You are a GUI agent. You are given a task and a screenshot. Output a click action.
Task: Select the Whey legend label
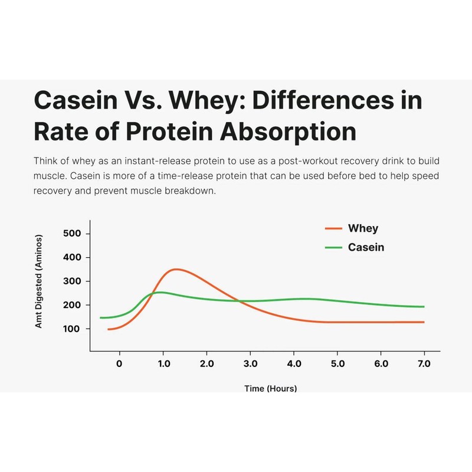(x=363, y=228)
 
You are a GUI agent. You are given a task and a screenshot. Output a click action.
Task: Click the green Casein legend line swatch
(x=334, y=247)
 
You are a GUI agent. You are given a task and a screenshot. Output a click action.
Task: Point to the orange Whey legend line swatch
(x=334, y=228)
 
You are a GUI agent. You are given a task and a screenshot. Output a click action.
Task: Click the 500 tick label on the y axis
(x=72, y=234)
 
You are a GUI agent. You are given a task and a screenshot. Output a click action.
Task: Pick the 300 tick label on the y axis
(x=72, y=281)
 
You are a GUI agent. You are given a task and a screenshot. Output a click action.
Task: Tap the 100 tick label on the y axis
(x=72, y=329)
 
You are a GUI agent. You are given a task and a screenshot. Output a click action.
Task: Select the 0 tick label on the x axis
(x=119, y=363)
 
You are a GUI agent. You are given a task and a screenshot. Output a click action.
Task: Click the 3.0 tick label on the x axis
(x=250, y=363)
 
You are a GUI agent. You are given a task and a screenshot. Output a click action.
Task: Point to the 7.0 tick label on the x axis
(x=424, y=363)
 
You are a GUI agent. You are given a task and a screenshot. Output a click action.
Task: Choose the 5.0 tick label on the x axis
(x=337, y=363)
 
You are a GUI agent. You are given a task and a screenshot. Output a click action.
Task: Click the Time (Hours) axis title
(x=271, y=388)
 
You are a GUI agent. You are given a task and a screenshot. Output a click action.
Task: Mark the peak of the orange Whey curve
(x=175, y=269)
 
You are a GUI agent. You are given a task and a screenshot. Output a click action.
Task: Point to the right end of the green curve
(x=424, y=307)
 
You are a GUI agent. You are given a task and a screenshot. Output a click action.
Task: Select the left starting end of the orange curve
(x=109, y=329)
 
